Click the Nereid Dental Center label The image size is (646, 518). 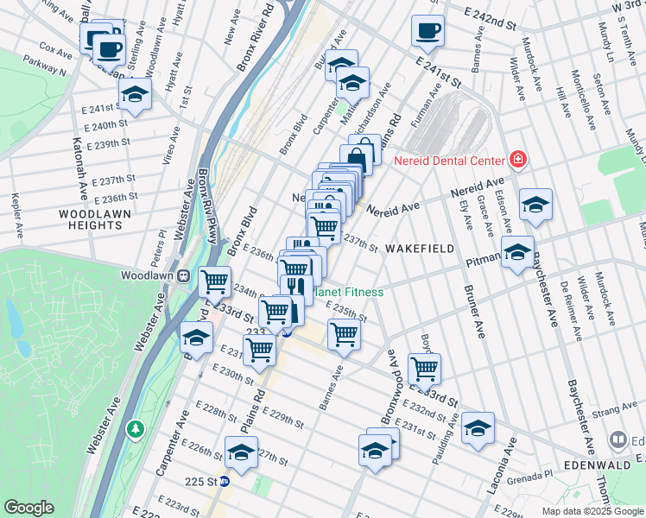point(448,161)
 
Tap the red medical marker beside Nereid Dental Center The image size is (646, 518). point(517,160)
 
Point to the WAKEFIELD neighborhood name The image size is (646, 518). point(419,249)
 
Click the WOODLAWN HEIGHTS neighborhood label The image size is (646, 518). point(90,219)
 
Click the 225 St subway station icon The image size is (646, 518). point(225,482)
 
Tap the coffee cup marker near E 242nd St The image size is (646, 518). point(427,32)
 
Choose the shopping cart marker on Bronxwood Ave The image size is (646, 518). point(423,369)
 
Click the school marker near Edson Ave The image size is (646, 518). point(535,205)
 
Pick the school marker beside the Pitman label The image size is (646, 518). point(517,252)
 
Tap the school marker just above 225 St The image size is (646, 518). point(241,452)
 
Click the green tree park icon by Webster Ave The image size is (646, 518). point(135,428)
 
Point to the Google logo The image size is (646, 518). point(28,507)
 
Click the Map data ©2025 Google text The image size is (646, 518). point(592,511)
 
